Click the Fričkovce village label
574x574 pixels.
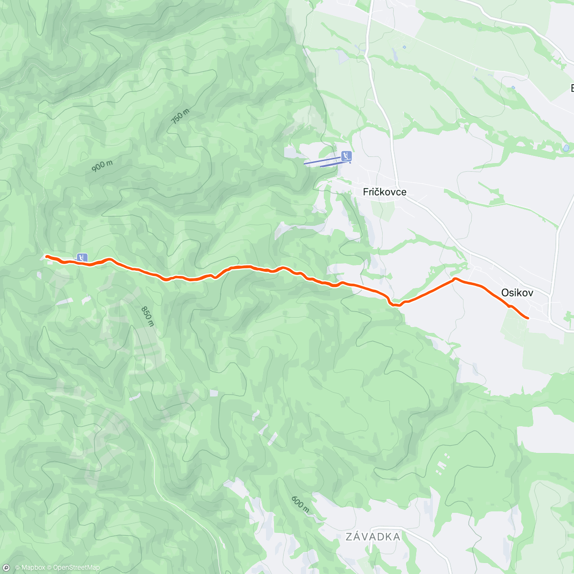tap(385, 192)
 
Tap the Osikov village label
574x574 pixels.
tap(517, 293)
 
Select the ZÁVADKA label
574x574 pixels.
tap(373, 537)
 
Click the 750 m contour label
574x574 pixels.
tap(180, 116)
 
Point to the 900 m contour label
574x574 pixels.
tap(102, 166)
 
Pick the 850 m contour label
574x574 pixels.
tap(148, 316)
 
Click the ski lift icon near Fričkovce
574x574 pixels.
tap(347, 156)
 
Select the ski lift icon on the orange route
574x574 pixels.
tap(82, 258)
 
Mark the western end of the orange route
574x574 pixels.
tap(46, 256)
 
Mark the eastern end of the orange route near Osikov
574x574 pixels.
tap(528, 318)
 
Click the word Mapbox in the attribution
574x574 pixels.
tap(33, 568)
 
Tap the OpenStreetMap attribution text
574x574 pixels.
tap(76, 568)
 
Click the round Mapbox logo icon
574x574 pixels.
tap(6, 568)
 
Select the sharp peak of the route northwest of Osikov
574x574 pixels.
tap(454, 278)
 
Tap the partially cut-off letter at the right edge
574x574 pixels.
tap(571, 88)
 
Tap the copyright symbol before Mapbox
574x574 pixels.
tap(17, 568)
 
